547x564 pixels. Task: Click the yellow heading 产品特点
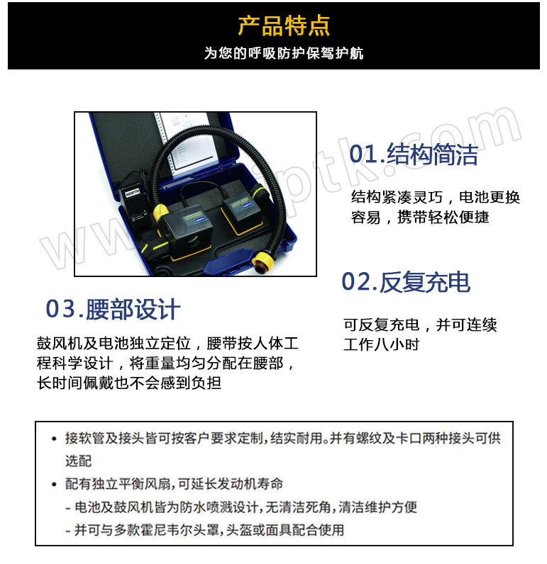(284, 26)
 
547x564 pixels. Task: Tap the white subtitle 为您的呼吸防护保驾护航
(284, 53)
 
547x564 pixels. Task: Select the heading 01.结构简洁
(414, 154)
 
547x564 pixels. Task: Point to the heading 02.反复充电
(406, 281)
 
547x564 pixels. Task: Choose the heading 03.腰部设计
(113, 309)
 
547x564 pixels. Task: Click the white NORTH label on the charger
(132, 193)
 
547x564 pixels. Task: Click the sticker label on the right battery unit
(241, 204)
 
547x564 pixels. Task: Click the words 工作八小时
(382, 344)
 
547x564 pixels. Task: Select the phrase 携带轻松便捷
(443, 217)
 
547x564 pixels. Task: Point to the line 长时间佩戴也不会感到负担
(129, 383)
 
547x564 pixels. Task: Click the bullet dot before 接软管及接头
(54, 439)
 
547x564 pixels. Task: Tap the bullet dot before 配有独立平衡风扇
(54, 484)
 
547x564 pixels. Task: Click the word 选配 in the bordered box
(79, 461)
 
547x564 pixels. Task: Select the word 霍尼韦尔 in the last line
(166, 530)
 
